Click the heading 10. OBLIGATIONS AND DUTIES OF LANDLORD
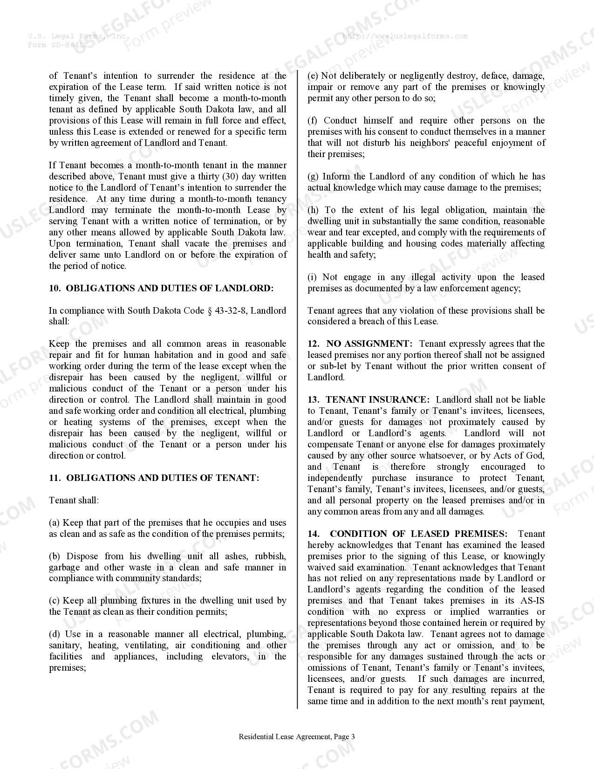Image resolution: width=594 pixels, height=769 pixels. [161, 288]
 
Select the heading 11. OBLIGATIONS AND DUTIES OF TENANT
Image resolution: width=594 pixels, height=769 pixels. [154, 478]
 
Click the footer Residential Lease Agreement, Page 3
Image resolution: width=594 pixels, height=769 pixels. [297, 737]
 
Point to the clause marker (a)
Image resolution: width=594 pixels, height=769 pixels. [55, 523]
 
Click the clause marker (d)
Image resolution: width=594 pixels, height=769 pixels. [55, 634]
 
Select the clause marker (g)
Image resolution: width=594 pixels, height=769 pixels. [313, 177]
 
